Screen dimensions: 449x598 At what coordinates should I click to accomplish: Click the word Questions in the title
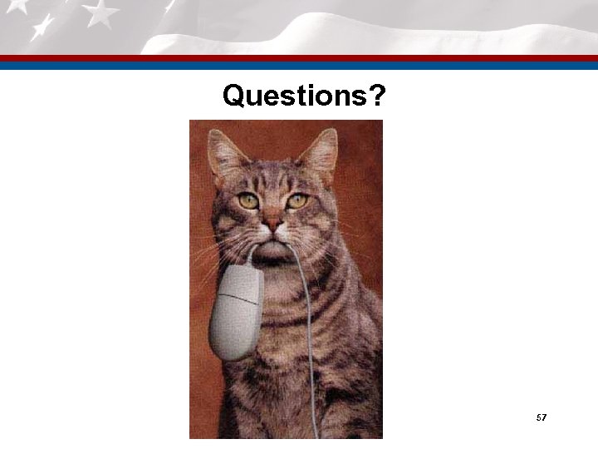click(293, 97)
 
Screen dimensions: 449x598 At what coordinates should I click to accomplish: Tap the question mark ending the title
click(377, 97)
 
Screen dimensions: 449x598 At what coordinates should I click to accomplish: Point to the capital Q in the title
click(233, 97)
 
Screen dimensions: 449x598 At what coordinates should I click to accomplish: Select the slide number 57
click(541, 417)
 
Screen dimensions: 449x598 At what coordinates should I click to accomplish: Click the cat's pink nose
click(272, 224)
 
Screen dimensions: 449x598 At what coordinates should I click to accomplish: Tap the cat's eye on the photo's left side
click(248, 200)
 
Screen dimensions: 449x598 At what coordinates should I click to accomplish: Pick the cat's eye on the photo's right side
click(297, 200)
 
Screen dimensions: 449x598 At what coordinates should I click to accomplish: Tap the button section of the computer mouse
click(242, 286)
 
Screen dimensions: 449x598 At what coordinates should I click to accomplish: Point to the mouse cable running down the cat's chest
click(308, 349)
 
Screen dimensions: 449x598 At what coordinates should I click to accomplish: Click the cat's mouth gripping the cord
click(274, 244)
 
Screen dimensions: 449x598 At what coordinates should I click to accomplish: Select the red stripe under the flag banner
click(299, 58)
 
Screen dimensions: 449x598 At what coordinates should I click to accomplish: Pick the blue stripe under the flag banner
click(299, 65)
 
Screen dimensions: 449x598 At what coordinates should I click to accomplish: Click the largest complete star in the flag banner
click(100, 13)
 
